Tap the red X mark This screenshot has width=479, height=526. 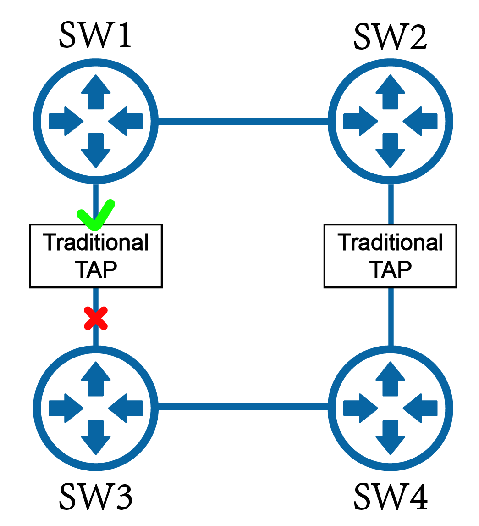point(96,318)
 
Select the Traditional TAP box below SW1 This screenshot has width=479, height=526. point(96,256)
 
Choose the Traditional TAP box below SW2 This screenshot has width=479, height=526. point(390,256)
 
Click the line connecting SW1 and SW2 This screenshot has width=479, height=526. point(243,121)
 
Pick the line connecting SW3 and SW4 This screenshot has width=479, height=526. point(243,407)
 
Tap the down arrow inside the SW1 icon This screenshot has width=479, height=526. point(96,150)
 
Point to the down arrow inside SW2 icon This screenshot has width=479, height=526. point(390,150)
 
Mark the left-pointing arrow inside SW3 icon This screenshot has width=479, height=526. point(126,407)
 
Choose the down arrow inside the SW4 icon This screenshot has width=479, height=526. point(390,436)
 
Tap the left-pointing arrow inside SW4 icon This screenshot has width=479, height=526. point(420,407)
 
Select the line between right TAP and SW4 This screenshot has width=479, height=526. point(391,317)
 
